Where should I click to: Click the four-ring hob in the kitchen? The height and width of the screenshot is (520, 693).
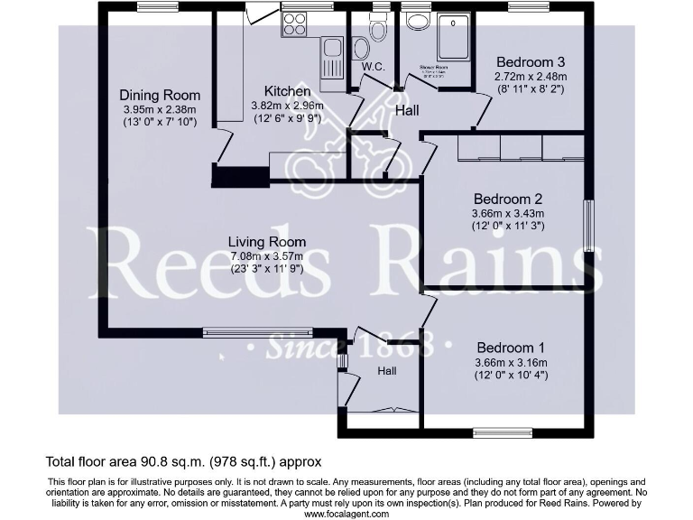pos(295,24)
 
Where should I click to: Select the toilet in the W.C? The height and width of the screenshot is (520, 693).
pos(378,31)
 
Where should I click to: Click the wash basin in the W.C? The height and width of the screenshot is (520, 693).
pos(360,48)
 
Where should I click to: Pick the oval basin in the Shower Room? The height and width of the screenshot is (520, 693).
pos(419,23)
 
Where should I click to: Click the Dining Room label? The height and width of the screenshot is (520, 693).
pos(160,96)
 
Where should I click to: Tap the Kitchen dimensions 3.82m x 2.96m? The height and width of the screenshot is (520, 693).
pos(287,106)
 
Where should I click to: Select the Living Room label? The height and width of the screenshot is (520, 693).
pos(266,242)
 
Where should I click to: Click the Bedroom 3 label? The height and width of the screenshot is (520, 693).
pos(531,62)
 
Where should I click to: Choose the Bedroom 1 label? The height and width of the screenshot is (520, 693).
pos(510,348)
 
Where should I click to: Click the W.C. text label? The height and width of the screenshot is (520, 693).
pos(374,68)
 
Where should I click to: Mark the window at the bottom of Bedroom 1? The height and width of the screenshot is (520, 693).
pos(503,432)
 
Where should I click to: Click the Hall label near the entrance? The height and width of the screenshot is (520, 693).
pos(387,371)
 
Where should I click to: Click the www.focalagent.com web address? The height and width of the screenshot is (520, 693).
pos(346,514)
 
